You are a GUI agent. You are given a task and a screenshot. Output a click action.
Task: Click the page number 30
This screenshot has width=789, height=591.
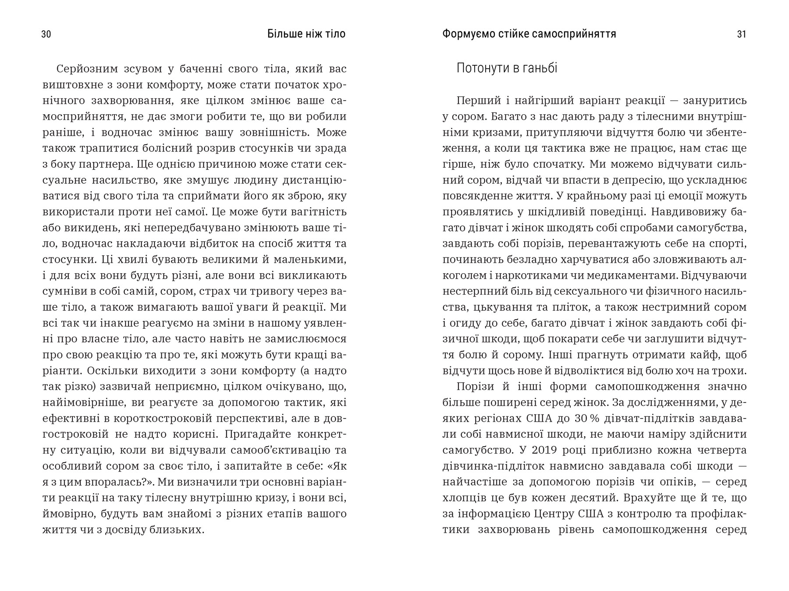pos(46,34)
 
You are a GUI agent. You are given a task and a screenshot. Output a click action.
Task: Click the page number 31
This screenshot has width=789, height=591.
pos(742,34)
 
